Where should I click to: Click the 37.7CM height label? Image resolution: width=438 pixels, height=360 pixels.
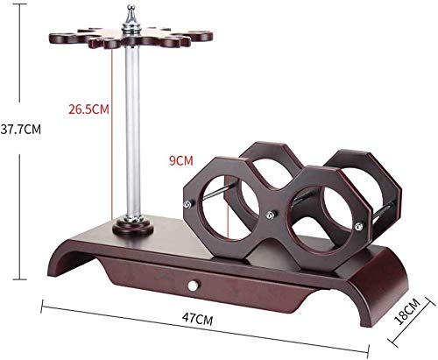(x=21, y=129)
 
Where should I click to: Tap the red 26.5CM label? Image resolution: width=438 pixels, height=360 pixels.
(x=88, y=109)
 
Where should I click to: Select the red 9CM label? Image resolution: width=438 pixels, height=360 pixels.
(x=181, y=160)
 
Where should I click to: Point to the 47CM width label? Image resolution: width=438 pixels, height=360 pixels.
(x=197, y=319)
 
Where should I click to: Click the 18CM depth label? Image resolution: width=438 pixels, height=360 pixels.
(x=407, y=312)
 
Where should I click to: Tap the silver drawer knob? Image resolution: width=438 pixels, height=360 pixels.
(x=193, y=286)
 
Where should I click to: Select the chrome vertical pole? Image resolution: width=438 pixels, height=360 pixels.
(x=133, y=130)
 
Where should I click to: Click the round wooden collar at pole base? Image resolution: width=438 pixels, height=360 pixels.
(x=133, y=226)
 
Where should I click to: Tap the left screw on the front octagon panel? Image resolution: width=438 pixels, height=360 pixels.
(x=187, y=204)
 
